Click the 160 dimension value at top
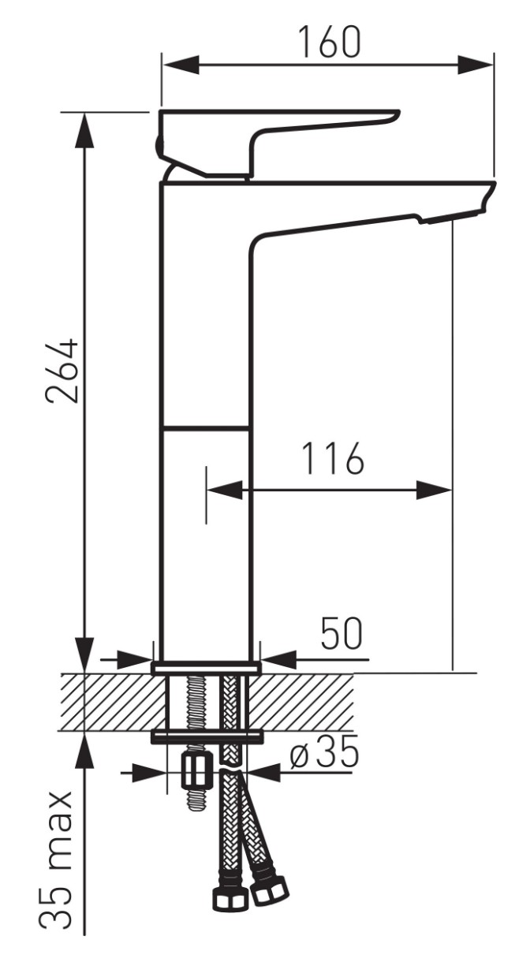click(x=329, y=42)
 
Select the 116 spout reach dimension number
click(x=333, y=459)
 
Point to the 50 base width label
click(x=342, y=633)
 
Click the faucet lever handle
click(x=275, y=143)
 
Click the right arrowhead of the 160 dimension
click(x=475, y=65)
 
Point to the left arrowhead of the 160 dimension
click(x=181, y=65)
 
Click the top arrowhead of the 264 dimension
click(x=85, y=131)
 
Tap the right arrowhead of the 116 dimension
click(x=435, y=490)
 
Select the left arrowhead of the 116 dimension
click(x=225, y=490)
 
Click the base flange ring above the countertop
click(x=206, y=668)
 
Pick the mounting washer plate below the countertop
click(x=207, y=737)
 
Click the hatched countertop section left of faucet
click(x=113, y=702)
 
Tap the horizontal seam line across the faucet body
click(x=205, y=427)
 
